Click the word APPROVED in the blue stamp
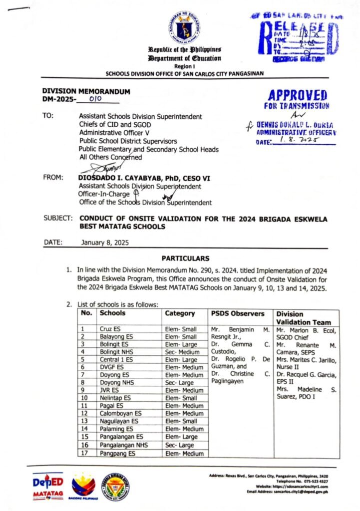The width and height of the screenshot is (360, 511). pos(297,95)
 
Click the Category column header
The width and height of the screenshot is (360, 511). pos(180,313)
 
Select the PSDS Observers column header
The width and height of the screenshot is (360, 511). pos(237,313)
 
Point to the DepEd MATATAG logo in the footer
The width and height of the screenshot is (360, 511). pos(48,486)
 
